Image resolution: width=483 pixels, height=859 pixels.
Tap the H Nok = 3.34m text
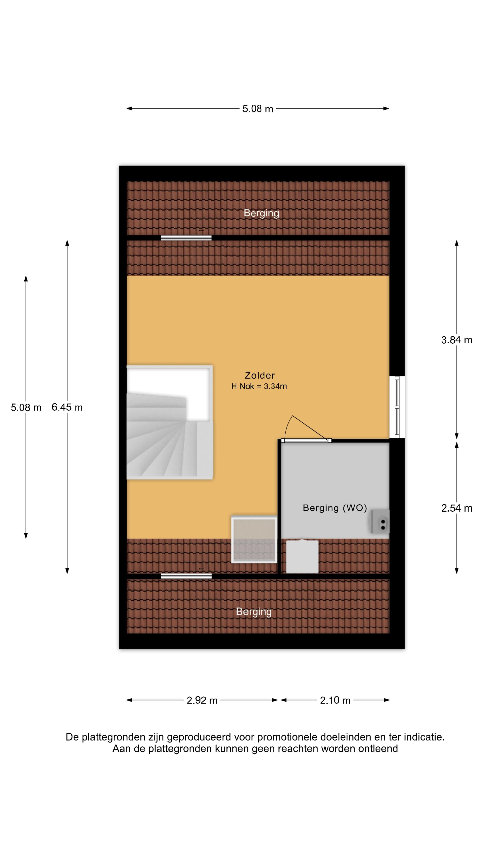pyautogui.click(x=259, y=387)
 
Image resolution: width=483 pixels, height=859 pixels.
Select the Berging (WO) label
pyautogui.click(x=335, y=508)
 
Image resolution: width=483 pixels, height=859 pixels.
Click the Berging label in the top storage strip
pyautogui.click(x=261, y=213)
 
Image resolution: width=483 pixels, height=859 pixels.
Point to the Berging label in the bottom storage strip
pyautogui.click(x=254, y=612)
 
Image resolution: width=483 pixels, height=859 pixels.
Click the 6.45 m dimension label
pyautogui.click(x=67, y=407)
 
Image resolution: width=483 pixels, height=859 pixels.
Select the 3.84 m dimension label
pyautogui.click(x=457, y=340)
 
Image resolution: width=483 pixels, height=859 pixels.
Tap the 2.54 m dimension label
pyautogui.click(x=457, y=508)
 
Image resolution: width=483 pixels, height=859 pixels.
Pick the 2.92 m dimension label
pyautogui.click(x=202, y=700)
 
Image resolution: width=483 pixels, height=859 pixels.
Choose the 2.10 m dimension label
pyautogui.click(x=335, y=700)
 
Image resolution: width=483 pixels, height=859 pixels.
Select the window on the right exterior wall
pyautogui.click(x=397, y=407)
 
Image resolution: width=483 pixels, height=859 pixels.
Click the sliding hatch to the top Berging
pyautogui.click(x=186, y=238)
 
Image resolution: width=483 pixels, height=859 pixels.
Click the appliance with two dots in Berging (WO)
pyautogui.click(x=381, y=521)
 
